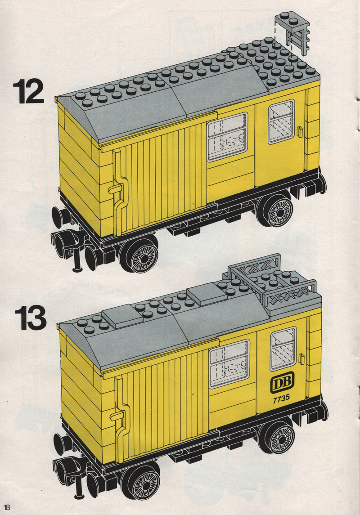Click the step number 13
[x=30, y=318]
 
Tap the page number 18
[x=7, y=507]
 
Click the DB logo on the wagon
[x=282, y=382]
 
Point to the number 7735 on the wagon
[x=281, y=398]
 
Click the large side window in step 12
[x=227, y=137]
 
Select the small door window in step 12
[x=282, y=121]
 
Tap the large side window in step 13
[x=229, y=364]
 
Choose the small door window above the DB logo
[x=283, y=349]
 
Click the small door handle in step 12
[x=299, y=132]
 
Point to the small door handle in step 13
[x=301, y=359]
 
